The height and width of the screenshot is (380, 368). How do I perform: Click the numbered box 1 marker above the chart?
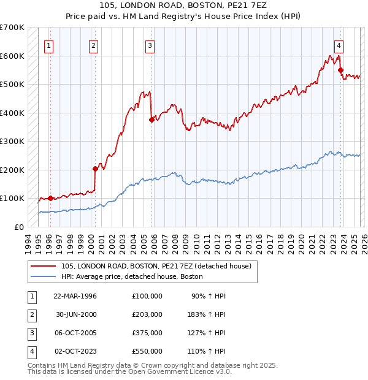[48, 45]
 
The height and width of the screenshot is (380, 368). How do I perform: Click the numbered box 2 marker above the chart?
[93, 45]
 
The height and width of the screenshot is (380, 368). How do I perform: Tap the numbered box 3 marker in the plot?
[150, 45]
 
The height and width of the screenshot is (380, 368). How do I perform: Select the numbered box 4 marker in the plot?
[339, 45]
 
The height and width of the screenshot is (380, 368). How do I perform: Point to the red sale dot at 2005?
[151, 120]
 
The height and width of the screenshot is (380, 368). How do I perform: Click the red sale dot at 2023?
[340, 70]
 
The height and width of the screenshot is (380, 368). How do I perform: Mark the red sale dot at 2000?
[95, 169]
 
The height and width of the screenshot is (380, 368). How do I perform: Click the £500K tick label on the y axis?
[12, 85]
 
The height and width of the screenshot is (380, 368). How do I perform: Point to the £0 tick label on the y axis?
[18, 227]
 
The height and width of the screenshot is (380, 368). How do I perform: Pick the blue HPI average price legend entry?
[131, 277]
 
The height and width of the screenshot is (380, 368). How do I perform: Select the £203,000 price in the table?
[147, 314]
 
